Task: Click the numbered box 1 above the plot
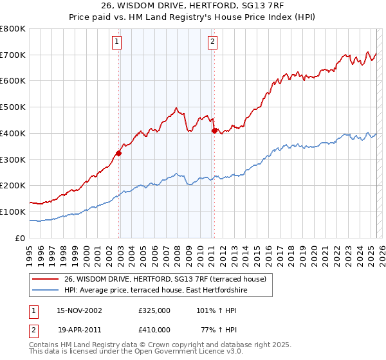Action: click(116, 42)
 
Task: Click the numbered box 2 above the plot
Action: click(212, 42)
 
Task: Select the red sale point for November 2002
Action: click(118, 153)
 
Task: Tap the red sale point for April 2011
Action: click(214, 130)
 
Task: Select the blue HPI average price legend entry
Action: click(155, 291)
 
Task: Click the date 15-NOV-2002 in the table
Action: click(79, 310)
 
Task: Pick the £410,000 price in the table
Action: click(154, 329)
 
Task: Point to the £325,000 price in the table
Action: click(154, 310)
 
